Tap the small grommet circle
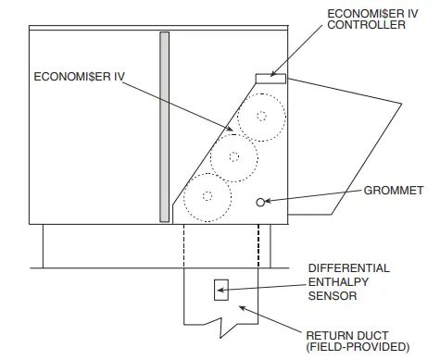(262, 201)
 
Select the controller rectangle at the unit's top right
(270, 77)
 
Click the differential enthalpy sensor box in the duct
(220, 289)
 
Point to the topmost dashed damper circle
(260, 118)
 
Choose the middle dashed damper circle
(233, 156)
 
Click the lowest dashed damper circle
(206, 195)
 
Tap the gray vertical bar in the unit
(164, 127)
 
